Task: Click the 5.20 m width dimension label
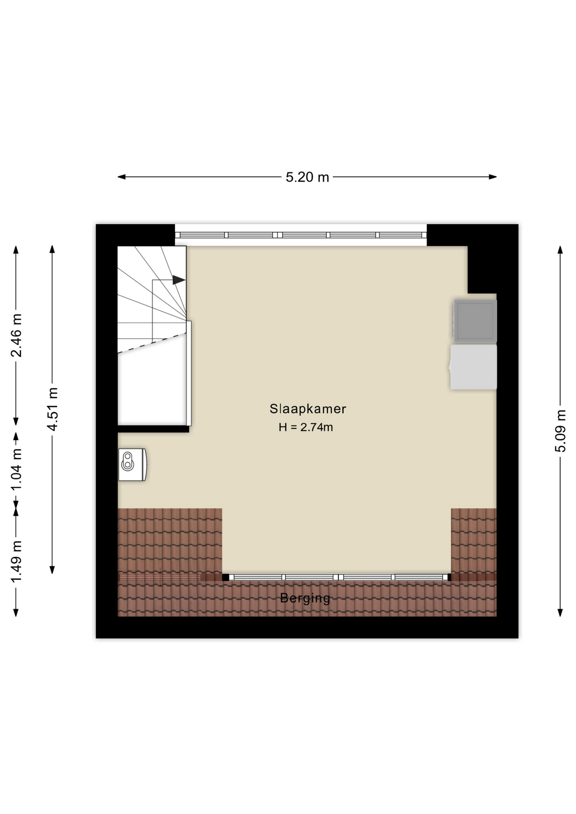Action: (307, 177)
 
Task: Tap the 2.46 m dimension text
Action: (16, 335)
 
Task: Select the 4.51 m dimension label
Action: (52, 409)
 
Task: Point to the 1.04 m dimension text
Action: (16, 469)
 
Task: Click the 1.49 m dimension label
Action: (16, 562)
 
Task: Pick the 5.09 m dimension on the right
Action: (560, 431)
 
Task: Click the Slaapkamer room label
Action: (308, 409)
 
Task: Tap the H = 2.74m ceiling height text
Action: (306, 427)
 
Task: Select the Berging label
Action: (305, 598)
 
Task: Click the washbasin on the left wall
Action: (132, 465)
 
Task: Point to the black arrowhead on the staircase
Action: (179, 280)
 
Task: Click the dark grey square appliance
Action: (475, 321)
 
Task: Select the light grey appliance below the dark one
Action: (473, 367)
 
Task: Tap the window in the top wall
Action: (301, 235)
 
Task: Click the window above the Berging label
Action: (337, 577)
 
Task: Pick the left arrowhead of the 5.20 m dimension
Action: (121, 177)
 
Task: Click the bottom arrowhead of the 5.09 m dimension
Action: (560, 613)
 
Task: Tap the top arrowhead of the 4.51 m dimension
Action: (52, 249)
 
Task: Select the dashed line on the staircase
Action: (152, 343)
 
